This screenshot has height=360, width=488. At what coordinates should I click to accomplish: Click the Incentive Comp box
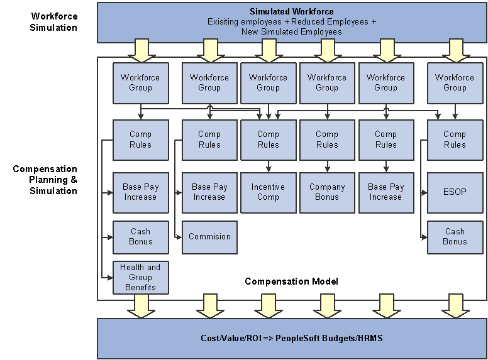pos(268,192)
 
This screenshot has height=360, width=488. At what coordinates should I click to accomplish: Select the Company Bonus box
pos(327,192)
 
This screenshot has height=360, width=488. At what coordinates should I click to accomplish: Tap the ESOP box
pos(455,192)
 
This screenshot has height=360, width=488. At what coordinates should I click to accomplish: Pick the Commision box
pos(209,237)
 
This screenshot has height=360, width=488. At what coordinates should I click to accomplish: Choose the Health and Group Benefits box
pos(140,277)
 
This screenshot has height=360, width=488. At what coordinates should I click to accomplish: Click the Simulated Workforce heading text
pos(292,11)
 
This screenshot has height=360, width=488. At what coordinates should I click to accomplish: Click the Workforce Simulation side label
pos(54,22)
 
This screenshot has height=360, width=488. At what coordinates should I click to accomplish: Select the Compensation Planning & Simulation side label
pos(45,180)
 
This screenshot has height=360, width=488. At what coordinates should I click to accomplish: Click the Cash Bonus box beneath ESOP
pos(455,237)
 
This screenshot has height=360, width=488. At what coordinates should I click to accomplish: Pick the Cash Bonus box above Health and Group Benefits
pos(140,237)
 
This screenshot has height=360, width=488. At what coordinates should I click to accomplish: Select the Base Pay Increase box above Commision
pos(209,192)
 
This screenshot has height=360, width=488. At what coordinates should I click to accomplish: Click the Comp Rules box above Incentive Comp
pos(268,139)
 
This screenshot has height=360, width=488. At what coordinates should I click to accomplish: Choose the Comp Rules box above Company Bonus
pos(327,139)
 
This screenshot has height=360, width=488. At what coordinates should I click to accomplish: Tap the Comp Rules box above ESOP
pos(455,139)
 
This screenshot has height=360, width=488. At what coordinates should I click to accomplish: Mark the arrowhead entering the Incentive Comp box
pos(268,170)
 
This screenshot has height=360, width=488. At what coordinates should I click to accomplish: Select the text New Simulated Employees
pos(292,31)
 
